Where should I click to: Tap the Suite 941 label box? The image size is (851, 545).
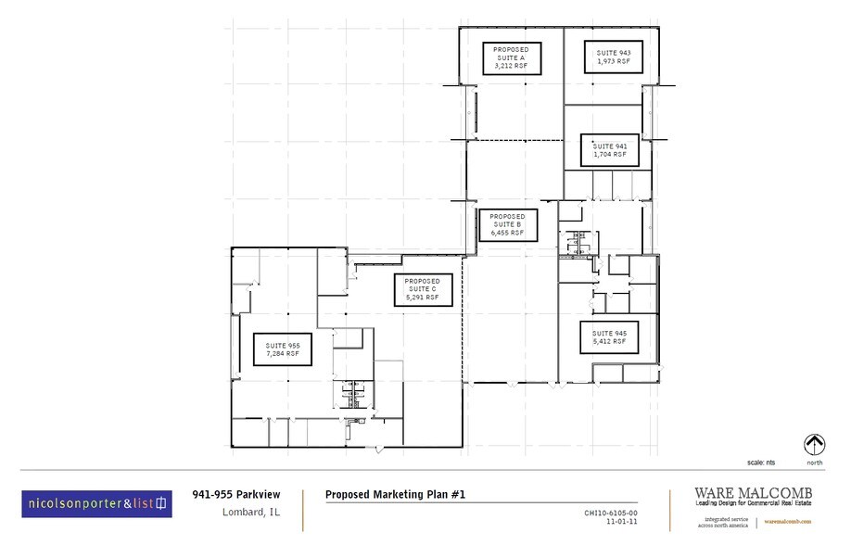pos(610,150)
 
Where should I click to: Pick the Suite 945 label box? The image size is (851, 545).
pos(609,337)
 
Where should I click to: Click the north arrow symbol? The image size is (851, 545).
pos(814,444)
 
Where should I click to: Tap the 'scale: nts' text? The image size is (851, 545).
pos(763,462)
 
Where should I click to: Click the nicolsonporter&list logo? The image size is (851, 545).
pos(96,503)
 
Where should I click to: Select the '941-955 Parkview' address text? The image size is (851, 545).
pos(230,495)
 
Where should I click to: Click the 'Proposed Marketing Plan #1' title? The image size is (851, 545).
pos(395,495)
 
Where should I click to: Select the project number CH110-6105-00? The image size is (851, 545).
pos(610,512)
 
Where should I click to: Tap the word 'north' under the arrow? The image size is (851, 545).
pos(814,462)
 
